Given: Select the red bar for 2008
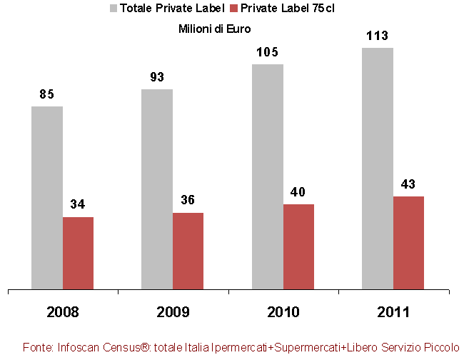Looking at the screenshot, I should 78,254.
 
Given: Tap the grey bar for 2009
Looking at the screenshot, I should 157,189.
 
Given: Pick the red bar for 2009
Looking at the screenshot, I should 188,251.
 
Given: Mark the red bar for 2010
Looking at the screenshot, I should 298,247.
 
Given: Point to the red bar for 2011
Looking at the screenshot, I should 408,243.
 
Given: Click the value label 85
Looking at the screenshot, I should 47,94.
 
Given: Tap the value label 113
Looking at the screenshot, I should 378,36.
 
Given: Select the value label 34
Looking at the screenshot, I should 78,205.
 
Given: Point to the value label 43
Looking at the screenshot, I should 408,184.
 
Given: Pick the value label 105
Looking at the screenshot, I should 268,52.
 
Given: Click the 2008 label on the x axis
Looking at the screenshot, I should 62,312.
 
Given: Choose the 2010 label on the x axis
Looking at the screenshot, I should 283,312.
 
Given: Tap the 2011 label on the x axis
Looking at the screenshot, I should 393,312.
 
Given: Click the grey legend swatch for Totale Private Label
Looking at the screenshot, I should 113,9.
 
